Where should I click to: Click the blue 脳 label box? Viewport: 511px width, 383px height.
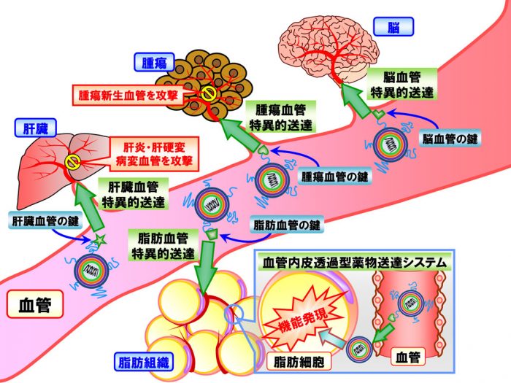point(393,26)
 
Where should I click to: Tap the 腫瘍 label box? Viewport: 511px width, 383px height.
point(154,63)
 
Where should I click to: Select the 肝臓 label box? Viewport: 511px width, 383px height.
point(36,128)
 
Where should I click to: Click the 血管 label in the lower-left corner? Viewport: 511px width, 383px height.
point(35,304)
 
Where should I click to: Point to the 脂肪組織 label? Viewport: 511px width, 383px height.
point(143,362)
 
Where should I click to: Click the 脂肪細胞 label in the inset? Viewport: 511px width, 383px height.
point(299,362)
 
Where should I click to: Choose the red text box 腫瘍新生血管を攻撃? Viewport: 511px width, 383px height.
point(128,96)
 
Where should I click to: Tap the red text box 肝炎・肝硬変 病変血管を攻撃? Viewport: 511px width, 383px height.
point(154,154)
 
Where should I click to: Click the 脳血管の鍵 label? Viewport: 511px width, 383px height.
point(450,139)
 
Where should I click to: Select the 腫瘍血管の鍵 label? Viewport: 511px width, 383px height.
point(334,177)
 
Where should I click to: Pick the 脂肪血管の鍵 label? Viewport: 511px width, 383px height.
point(287,225)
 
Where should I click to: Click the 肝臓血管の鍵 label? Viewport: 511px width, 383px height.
point(45,222)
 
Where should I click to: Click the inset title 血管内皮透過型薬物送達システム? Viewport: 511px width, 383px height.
point(355,262)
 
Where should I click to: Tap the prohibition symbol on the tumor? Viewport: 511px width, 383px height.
point(208,94)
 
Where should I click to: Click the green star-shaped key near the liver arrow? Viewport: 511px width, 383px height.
point(99,240)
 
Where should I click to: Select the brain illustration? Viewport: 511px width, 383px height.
point(330,52)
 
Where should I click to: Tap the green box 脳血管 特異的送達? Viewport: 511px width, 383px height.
point(401,85)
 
